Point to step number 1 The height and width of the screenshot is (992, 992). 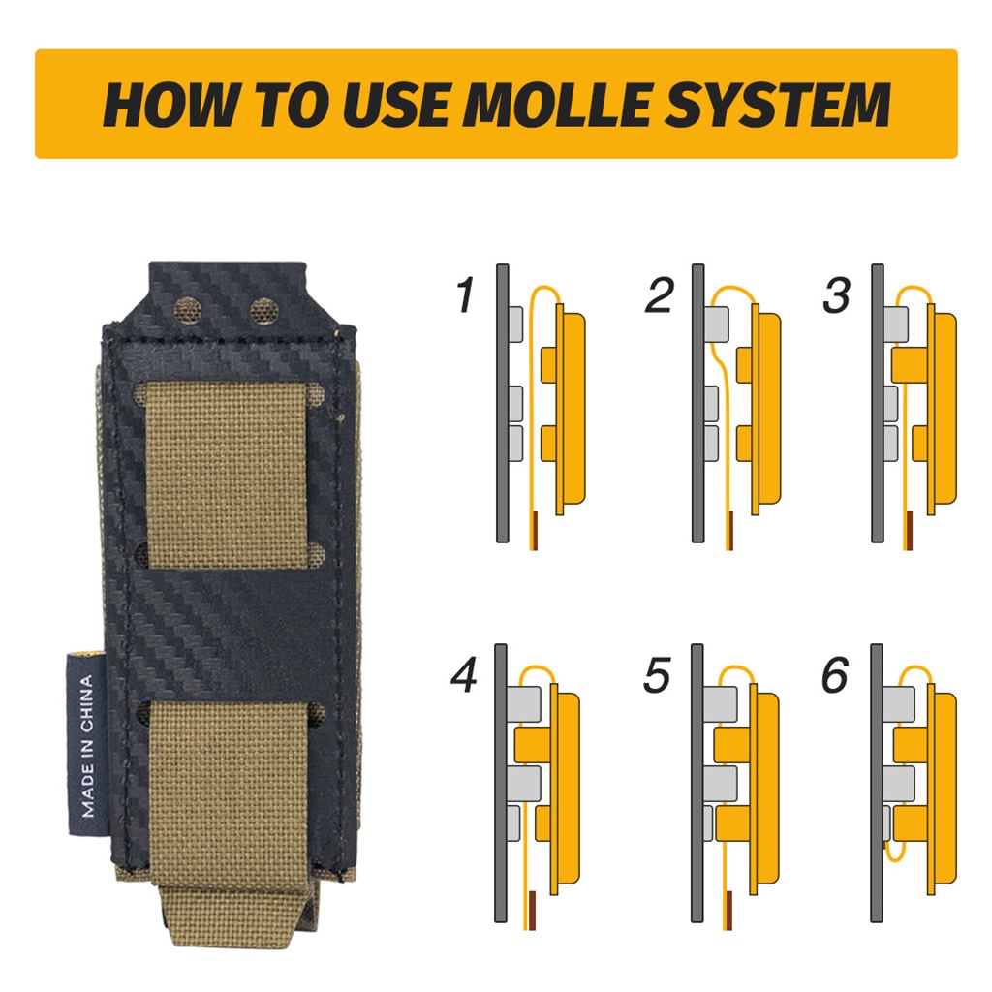tap(465, 294)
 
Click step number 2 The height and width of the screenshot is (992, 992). tap(660, 294)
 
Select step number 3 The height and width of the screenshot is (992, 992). tap(836, 294)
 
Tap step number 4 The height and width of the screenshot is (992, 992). tap(465, 674)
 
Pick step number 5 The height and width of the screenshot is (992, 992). tap(657, 674)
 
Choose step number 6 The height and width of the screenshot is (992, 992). tap(835, 674)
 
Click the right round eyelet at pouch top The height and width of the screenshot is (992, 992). tap(265, 311)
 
